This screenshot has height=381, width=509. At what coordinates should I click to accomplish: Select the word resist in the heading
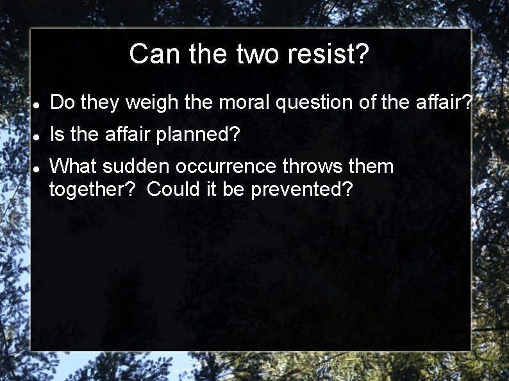tap(328, 54)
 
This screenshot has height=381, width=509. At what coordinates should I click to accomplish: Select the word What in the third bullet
tap(73, 166)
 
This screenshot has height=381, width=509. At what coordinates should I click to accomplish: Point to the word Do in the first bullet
tap(62, 102)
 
